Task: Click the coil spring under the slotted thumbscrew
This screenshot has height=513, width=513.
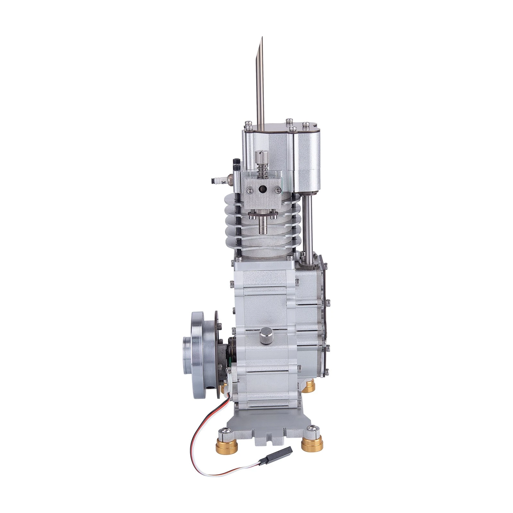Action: [262, 169]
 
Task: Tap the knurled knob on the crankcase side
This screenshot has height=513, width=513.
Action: [267, 335]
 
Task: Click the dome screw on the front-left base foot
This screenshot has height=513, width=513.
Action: [226, 431]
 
